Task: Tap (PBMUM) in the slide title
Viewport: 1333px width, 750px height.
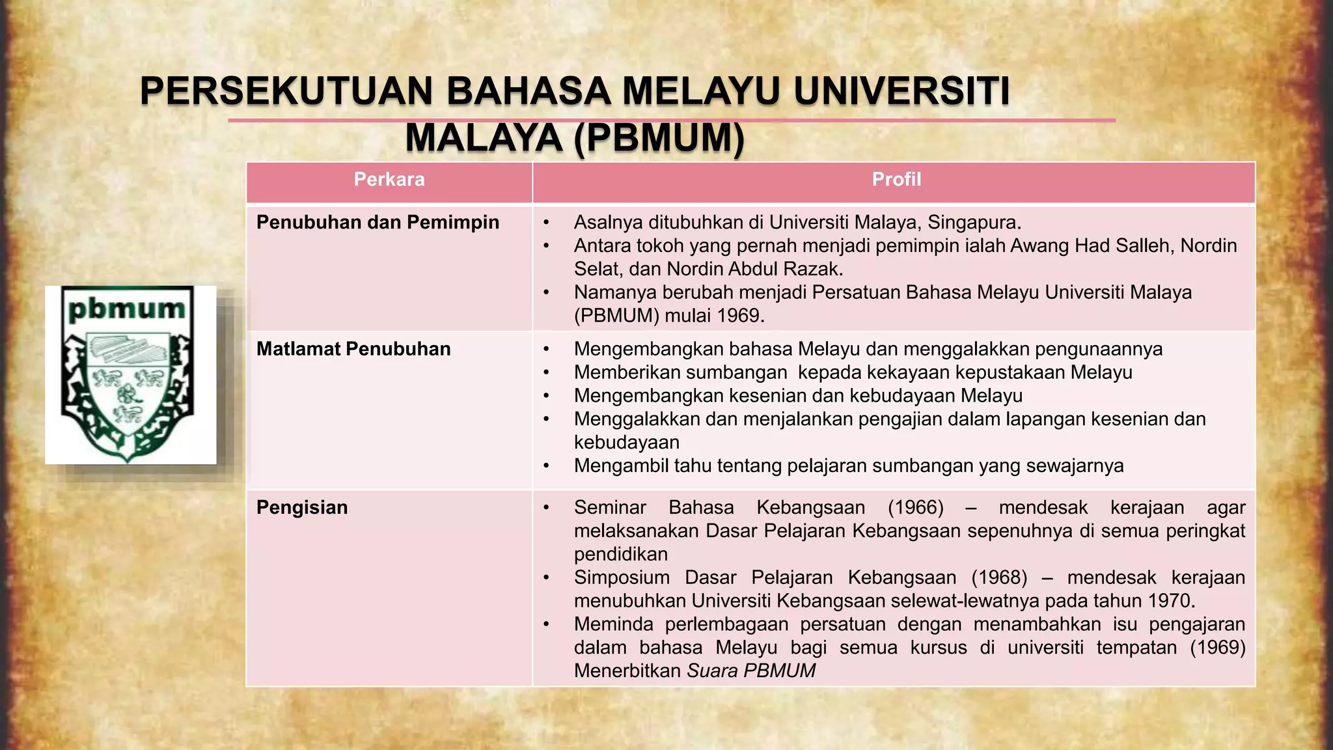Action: pos(659,138)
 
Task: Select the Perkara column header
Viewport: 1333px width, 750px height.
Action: pos(389,180)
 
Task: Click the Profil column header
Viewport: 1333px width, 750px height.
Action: pos(896,180)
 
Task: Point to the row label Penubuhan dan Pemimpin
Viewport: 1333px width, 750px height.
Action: pos(378,223)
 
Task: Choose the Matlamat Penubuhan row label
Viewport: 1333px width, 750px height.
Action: pos(353,349)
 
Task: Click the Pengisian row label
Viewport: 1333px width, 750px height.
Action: pos(302,508)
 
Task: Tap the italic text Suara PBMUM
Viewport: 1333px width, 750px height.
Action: pos(751,671)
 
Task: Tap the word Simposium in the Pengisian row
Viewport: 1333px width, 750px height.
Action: pos(612,577)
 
